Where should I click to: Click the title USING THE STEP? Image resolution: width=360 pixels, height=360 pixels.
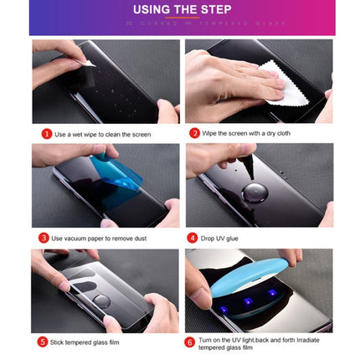coord(181,10)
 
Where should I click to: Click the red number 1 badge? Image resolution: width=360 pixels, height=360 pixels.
coord(46,134)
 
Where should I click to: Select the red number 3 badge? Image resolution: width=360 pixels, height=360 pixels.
coord(44,238)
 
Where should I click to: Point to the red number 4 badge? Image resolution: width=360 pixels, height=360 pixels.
coord(193,238)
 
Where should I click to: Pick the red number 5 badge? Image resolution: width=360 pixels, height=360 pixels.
coord(43,342)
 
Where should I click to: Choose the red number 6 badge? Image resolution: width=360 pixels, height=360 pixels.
coord(190,342)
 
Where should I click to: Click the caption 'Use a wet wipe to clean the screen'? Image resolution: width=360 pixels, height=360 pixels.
coord(102,134)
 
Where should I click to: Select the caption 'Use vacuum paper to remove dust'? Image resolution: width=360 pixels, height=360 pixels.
coord(98,238)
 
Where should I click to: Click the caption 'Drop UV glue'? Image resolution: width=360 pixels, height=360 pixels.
coord(220,238)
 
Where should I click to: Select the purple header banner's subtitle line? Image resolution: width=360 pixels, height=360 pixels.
coord(181,23)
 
